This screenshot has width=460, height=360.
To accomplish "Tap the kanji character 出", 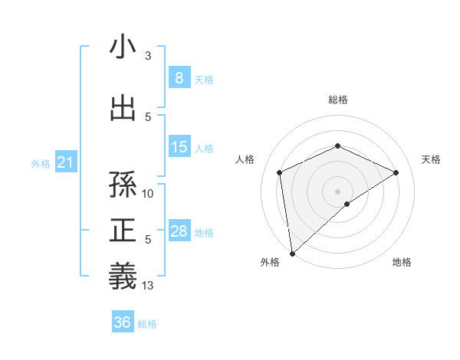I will click(123, 109).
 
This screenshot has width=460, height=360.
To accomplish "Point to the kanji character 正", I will click(123, 231).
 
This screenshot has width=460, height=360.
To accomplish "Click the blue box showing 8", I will click(179, 78).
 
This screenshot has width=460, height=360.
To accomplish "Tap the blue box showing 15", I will click(179, 147).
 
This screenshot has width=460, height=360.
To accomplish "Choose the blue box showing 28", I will click(179, 231).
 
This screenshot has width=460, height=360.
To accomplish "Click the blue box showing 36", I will click(122, 322).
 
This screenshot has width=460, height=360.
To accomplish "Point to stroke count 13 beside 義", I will click(149, 286).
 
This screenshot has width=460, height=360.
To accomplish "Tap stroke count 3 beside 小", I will click(148, 56).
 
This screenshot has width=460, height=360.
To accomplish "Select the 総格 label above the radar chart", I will click(338, 100).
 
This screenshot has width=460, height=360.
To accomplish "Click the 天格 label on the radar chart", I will click(431, 159).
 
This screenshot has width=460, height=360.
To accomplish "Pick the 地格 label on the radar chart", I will click(402, 262).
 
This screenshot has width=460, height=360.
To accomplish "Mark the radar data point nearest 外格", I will click(291, 253).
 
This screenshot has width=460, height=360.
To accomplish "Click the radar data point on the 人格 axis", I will click(280, 172).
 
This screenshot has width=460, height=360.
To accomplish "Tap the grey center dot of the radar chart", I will click(337, 191).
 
